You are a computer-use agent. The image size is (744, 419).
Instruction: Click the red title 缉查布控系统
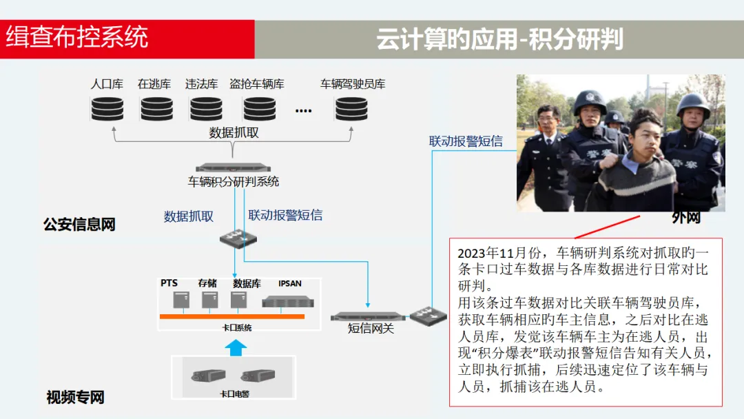click(77, 38)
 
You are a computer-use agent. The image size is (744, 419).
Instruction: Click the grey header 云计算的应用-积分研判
click(499, 39)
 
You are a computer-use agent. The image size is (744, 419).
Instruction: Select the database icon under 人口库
click(107, 108)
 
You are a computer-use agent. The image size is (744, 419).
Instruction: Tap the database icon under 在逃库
click(156, 108)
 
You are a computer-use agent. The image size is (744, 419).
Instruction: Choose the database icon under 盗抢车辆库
click(259, 108)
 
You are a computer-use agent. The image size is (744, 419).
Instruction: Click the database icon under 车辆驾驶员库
click(351, 108)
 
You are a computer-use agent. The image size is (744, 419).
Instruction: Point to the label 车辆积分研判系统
click(234, 182)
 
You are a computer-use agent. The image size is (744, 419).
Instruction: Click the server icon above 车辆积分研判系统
click(233, 167)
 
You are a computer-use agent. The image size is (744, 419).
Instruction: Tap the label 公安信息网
click(79, 225)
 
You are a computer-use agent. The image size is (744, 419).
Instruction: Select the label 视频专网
click(75, 398)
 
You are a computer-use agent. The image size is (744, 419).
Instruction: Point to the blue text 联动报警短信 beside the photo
click(466, 141)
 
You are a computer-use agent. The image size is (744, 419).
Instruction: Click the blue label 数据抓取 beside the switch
click(189, 216)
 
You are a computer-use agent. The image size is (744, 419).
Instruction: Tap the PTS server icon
click(181, 300)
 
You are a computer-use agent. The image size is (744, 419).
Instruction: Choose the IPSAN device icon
click(289, 300)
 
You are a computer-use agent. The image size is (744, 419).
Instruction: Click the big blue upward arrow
click(236, 347)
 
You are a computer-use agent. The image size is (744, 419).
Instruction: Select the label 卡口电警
click(234, 394)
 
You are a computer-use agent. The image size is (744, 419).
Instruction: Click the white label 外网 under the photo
click(686, 218)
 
